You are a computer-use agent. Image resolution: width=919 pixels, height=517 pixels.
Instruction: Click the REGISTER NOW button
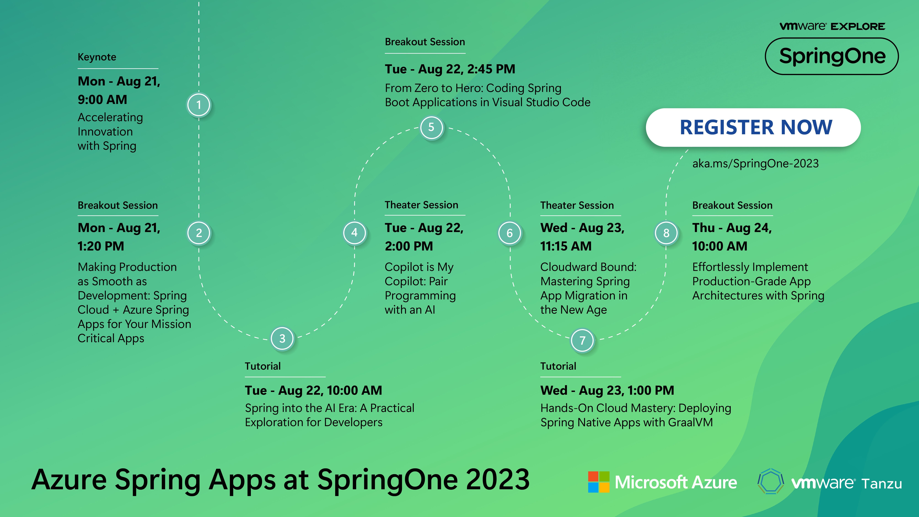click(753, 127)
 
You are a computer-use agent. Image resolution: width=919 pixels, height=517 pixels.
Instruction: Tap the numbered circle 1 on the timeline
click(199, 105)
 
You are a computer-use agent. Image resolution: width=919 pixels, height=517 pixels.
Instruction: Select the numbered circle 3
click(282, 338)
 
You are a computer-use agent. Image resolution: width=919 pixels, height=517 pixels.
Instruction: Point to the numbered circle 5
click(431, 127)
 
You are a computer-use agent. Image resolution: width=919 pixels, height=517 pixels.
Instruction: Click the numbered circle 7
click(582, 340)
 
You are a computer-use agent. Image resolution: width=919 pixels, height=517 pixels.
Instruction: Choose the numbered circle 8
click(666, 233)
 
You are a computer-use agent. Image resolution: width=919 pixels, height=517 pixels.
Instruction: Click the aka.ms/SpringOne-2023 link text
click(755, 163)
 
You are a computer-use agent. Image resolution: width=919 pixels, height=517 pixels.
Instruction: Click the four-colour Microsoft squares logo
click(599, 482)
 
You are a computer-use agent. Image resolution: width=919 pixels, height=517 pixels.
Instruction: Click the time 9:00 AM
click(102, 100)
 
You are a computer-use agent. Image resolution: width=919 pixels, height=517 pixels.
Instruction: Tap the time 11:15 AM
click(566, 246)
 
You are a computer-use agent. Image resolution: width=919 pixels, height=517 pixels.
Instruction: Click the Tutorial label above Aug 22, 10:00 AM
click(263, 366)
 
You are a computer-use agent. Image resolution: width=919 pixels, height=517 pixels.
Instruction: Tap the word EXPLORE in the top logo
click(858, 26)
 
